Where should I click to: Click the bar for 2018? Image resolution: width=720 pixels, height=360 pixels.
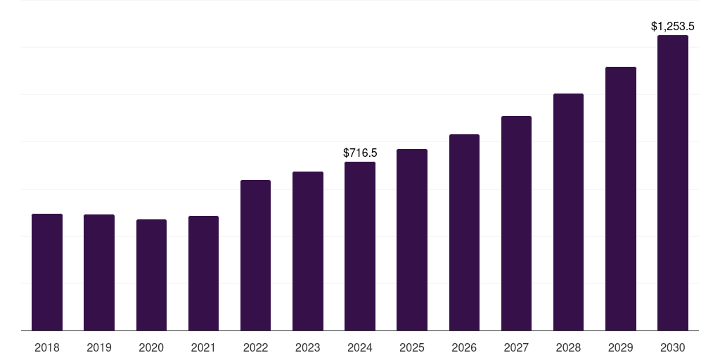coord(47,272)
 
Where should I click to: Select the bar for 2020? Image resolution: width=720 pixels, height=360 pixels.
coord(152,275)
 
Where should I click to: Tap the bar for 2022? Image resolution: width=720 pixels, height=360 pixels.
coord(255,255)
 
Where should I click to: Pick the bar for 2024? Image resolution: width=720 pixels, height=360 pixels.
coord(360,246)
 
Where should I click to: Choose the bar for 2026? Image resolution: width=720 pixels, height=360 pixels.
coord(464,232)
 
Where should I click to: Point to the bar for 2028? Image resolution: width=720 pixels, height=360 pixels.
coord(568,212)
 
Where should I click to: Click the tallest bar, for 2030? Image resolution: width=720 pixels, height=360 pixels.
coord(673,183)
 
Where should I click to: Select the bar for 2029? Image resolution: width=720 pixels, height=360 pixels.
coord(621,199)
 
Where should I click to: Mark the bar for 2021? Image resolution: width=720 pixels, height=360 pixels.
coord(203,274)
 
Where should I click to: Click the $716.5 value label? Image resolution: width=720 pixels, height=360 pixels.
coord(360,153)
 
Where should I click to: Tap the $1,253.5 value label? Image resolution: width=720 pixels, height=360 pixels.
coord(673,27)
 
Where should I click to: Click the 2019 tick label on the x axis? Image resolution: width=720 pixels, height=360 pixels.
coord(99,347)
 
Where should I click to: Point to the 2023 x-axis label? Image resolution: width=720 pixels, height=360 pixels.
coord(308,347)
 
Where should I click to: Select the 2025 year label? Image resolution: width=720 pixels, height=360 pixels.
coord(412,347)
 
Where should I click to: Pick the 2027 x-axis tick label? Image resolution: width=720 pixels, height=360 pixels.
coord(516,347)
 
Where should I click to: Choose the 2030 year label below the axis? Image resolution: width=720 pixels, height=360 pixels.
coord(673,347)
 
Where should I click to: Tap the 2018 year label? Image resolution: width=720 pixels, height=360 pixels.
coord(47,347)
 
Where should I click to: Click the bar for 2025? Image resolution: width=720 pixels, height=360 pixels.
coord(412,240)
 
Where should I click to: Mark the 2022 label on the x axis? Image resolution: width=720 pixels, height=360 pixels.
coord(255,347)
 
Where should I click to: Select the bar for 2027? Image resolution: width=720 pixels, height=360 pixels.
coord(516,223)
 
